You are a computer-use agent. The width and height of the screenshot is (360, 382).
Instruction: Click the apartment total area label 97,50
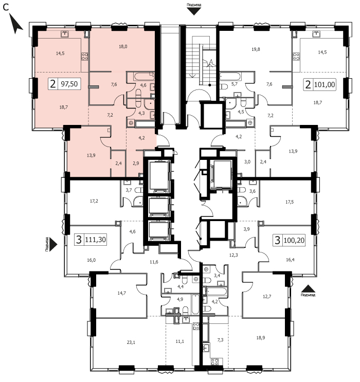[69, 84]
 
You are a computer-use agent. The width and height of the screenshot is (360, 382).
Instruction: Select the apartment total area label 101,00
[325, 85]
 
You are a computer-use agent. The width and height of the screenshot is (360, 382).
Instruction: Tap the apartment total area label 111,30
[95, 240]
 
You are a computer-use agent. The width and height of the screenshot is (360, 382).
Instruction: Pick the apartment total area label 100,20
[294, 241]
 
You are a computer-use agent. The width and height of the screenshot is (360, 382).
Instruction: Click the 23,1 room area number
[131, 342]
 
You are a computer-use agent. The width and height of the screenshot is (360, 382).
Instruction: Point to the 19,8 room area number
[256, 49]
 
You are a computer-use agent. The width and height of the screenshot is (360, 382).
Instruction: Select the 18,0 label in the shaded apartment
[123, 47]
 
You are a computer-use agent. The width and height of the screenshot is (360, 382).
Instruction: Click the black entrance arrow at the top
[194, 11]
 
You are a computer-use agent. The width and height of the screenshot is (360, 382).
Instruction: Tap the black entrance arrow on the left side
[53, 244]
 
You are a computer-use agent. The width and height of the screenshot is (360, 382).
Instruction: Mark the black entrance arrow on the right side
[308, 289]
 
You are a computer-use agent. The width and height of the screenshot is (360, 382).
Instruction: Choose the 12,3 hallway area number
[233, 256]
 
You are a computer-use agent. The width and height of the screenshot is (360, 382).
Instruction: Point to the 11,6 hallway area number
[154, 262]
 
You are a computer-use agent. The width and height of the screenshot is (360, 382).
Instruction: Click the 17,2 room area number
[94, 201]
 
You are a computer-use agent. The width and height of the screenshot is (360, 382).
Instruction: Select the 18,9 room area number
[261, 338]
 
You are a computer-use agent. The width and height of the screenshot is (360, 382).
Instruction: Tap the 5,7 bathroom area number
[234, 84]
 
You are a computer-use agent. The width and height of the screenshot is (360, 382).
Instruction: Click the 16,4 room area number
[290, 260]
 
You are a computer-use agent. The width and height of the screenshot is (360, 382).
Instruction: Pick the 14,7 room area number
[121, 293]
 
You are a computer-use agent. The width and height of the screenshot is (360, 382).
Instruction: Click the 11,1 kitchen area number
[179, 341]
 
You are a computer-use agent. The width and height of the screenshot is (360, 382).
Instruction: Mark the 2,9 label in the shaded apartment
[136, 163]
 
